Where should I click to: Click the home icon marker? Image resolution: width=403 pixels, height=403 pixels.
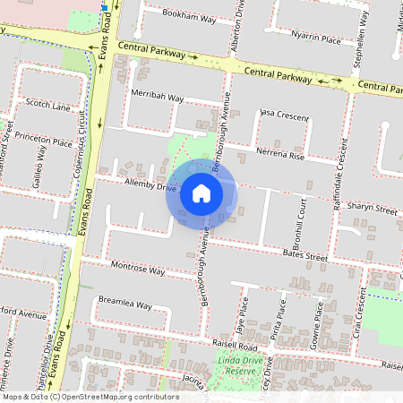coord(201,193)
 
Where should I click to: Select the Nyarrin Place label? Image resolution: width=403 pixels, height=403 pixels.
coord(316,39)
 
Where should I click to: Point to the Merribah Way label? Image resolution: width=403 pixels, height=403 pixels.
coord(157,97)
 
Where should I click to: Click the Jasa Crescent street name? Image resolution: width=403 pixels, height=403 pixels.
coord(283,116)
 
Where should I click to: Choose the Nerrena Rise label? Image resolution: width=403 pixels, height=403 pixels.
coord(280,155)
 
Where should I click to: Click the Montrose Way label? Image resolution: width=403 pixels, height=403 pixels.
coord(138,269)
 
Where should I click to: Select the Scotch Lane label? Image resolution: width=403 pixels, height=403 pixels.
coord(48,106)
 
